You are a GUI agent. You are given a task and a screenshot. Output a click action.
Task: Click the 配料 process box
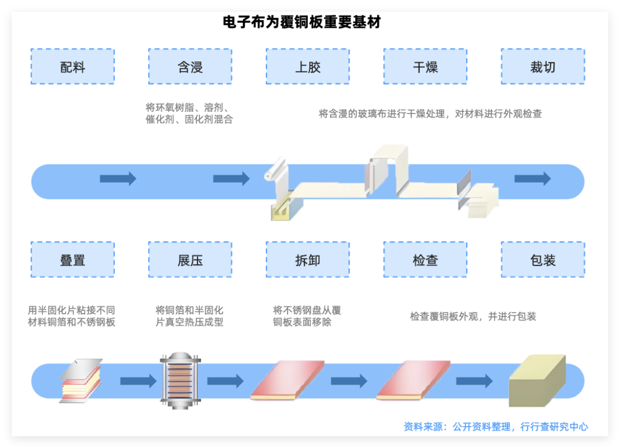[72, 67]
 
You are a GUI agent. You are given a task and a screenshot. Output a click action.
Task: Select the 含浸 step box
[190, 67]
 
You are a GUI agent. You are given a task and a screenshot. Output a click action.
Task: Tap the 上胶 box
[308, 67]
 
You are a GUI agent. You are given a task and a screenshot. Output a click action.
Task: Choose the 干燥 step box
[425, 67]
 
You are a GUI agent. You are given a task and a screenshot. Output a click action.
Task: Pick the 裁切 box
[543, 67]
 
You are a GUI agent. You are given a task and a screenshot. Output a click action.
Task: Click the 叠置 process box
[72, 260]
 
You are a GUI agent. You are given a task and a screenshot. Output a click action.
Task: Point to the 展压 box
[190, 260]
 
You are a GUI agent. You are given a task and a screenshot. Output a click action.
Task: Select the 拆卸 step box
[308, 260]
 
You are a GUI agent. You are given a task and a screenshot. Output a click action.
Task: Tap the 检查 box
[425, 260]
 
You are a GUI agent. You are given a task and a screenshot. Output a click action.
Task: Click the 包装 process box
[543, 260]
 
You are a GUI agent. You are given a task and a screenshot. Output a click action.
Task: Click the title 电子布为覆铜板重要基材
[302, 22]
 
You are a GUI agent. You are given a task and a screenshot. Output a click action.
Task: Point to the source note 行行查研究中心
[554, 427]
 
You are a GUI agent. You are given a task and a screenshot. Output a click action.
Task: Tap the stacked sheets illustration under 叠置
[80, 380]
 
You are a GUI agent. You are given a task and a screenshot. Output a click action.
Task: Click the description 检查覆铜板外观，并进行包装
[473, 316]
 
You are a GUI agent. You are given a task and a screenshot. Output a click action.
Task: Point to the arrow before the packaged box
[474, 380]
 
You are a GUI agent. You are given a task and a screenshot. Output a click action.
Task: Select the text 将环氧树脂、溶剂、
[188, 107]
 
